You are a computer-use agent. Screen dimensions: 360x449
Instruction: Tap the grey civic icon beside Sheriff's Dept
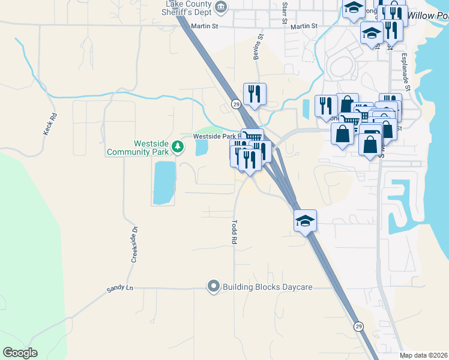(221, 7)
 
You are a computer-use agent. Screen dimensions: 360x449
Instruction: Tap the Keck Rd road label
(50, 124)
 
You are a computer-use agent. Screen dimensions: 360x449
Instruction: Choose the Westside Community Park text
(138, 148)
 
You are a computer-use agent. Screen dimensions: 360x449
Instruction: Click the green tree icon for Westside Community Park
(177, 146)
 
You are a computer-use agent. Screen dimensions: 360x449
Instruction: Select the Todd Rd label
(233, 230)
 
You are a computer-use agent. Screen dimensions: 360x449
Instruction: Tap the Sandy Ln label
(119, 289)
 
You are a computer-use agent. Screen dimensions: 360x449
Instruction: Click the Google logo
(20, 352)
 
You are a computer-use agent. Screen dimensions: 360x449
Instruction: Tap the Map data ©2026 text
(423, 355)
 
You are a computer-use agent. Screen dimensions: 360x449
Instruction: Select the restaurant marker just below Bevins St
(255, 94)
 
